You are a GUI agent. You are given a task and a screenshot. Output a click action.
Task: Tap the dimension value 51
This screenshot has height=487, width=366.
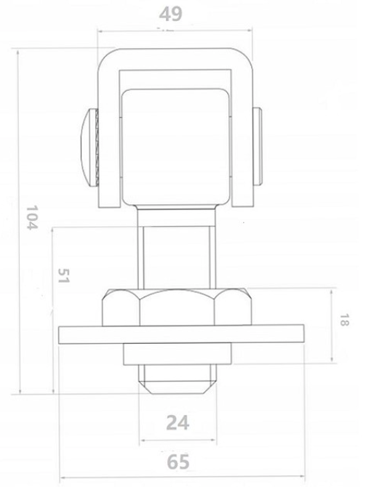[x=63, y=278]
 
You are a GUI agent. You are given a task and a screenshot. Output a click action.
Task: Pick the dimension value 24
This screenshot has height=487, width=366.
[x=178, y=421]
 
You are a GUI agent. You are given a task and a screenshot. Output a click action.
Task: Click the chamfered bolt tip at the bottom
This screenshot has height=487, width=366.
[x=178, y=378]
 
